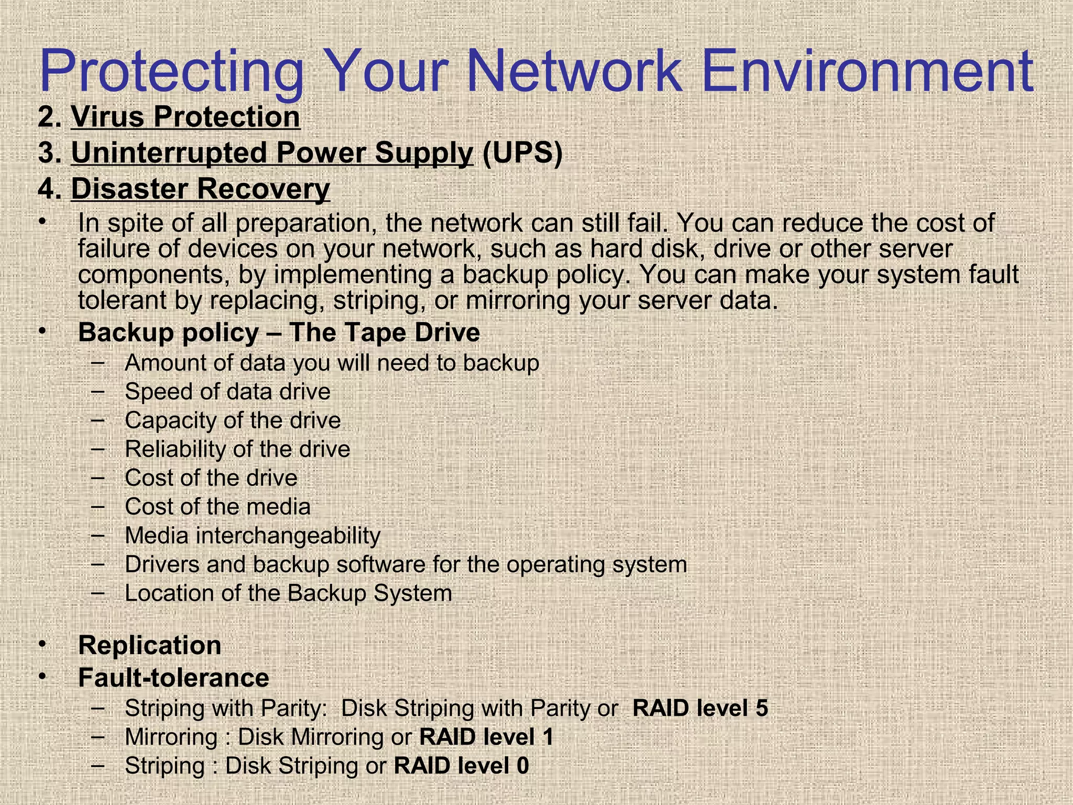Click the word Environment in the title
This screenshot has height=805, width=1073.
[x=864, y=71]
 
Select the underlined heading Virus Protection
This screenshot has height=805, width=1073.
[x=185, y=116]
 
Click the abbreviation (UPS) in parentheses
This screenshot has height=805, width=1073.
[x=522, y=153]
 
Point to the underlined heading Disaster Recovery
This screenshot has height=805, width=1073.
[x=200, y=189]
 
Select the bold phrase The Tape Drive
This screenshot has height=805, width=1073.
[x=384, y=332]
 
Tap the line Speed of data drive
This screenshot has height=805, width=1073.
[x=227, y=391]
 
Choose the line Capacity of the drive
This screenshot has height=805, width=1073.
[x=233, y=420]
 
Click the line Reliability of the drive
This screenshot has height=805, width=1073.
[x=237, y=449]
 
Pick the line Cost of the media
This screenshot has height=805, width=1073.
[x=217, y=507]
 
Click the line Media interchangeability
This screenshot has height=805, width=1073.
[x=253, y=536]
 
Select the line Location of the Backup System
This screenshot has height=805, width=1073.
[x=288, y=593]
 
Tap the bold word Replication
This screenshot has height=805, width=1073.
[x=149, y=645]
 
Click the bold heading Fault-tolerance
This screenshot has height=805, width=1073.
[x=173, y=678]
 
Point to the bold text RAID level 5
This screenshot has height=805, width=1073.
[x=700, y=708]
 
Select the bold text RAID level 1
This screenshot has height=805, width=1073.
[x=486, y=737]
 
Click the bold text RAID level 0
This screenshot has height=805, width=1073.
[x=461, y=766]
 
